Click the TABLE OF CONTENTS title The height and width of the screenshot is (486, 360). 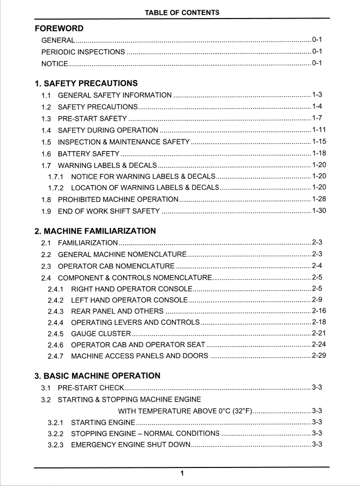pos(182,12)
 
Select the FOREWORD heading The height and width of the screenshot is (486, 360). pos(59,29)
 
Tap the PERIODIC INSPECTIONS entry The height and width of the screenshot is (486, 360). pos(83,52)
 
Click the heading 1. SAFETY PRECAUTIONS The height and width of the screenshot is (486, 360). pos(86,83)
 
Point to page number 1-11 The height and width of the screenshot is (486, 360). pos(319,130)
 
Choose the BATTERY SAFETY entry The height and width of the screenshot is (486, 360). pos(89,154)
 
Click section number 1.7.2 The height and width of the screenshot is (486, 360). pos(56,188)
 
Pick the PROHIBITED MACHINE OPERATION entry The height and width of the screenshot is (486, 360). pos(118,199)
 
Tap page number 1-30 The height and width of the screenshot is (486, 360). pos(319,211)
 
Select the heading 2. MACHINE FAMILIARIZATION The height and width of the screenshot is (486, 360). pos(95,231)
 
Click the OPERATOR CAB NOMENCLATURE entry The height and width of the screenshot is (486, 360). pos(116,266)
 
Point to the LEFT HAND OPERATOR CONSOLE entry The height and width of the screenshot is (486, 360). pos(129,300)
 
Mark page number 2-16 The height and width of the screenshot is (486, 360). pos(319,311)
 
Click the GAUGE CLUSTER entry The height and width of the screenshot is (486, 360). pos(101,334)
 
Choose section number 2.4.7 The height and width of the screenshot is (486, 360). pos(56,356)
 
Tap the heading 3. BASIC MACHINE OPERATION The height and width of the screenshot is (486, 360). pos(97,376)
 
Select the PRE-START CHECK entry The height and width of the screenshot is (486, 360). pos(91,388)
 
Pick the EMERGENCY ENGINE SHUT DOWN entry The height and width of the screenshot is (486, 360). pos(130,445)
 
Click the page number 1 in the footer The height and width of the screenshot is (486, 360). pos(182,473)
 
